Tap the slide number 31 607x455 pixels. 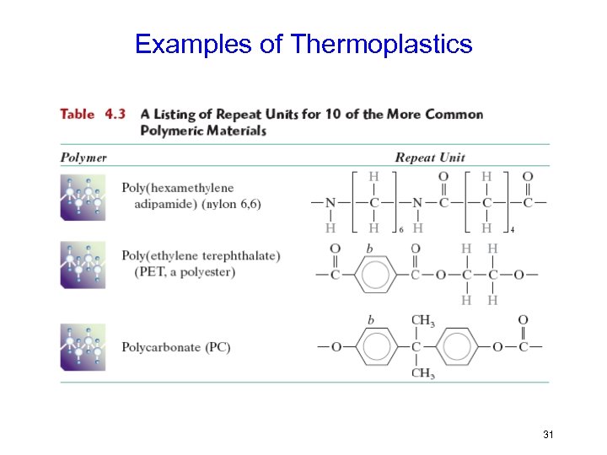tap(548, 435)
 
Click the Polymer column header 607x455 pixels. tap(83, 158)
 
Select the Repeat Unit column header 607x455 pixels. tap(430, 158)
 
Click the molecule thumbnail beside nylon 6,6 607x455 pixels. tap(83, 198)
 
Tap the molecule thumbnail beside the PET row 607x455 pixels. tap(83, 265)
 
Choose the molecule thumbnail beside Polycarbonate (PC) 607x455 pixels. tap(83, 346)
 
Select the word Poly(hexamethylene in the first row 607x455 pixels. tap(178, 187)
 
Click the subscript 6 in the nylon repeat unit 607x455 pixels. tap(401, 229)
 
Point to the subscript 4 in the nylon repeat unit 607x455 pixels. tap(512, 229)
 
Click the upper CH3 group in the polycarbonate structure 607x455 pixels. tap(422, 320)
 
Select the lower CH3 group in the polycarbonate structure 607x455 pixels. tap(422, 373)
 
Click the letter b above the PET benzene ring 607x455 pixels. tap(369, 249)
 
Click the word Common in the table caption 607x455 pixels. tap(454, 115)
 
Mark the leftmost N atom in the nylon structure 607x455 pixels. tap(330, 202)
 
